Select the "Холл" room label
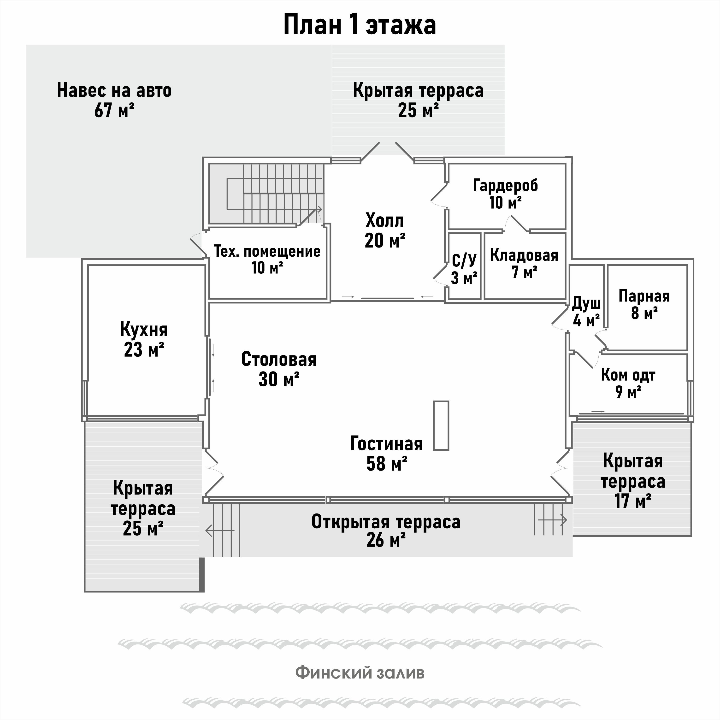pyautogui.click(x=385, y=221)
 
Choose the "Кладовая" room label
pyautogui.click(x=524, y=255)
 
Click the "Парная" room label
pyautogui.click(x=644, y=296)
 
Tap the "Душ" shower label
pyautogui.click(x=586, y=304)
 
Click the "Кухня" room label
pyautogui.click(x=144, y=330)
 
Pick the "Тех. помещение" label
pyautogui.click(x=267, y=252)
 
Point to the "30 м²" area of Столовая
pyautogui.click(x=279, y=379)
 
